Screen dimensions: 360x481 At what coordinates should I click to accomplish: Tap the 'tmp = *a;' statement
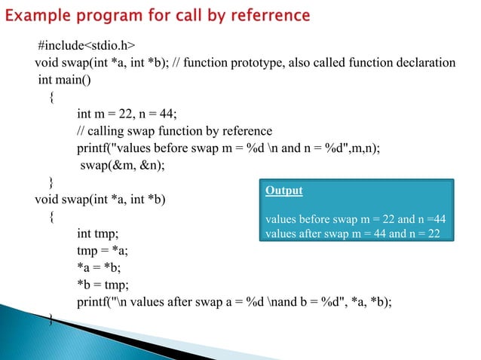tap(107, 251)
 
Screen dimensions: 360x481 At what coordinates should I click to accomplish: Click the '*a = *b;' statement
tap(103, 267)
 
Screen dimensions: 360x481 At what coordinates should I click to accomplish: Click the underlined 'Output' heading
tap(284, 191)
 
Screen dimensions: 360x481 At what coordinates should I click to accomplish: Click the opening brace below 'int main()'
tap(51, 97)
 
